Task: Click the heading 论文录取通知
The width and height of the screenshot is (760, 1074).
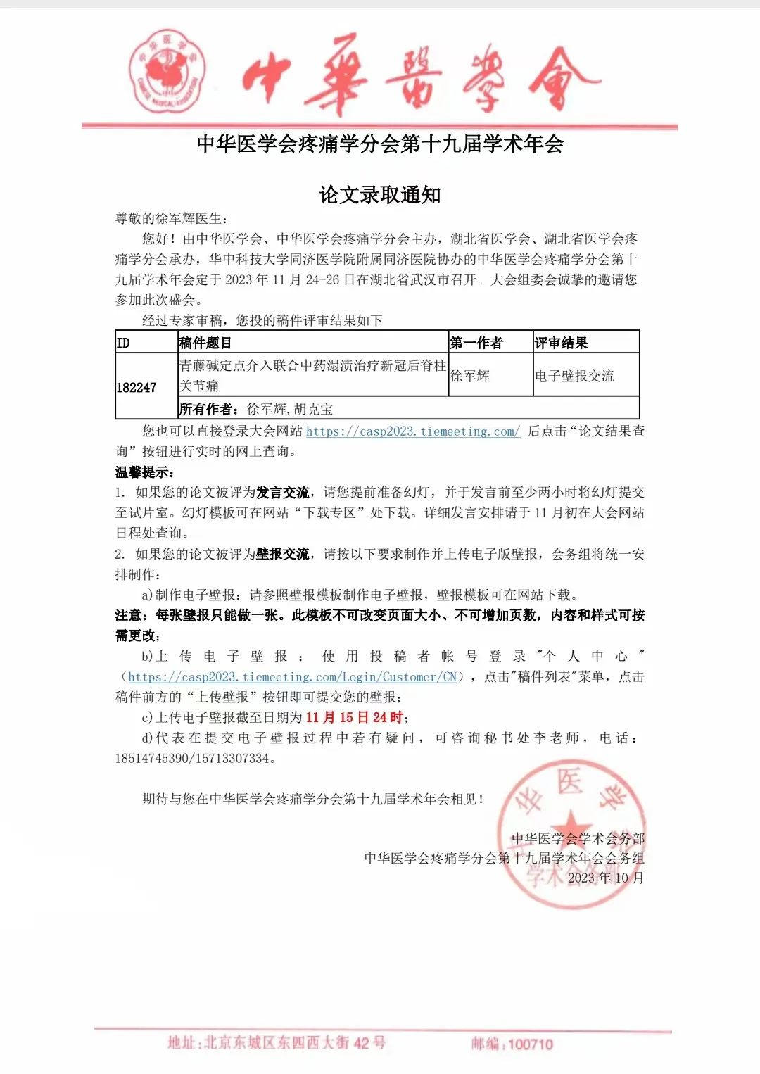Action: click(x=380, y=195)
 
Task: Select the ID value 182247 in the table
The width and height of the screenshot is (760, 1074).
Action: click(x=137, y=388)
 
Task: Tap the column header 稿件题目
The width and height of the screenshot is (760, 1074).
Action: click(x=205, y=343)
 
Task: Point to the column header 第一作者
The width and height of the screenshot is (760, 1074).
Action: click(x=476, y=343)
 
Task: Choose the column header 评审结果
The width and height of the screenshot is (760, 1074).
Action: click(x=561, y=343)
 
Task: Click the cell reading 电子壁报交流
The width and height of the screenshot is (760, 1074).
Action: click(x=574, y=377)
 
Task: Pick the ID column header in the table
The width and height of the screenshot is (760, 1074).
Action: click(x=123, y=343)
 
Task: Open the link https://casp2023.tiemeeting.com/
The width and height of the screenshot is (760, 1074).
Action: click(x=413, y=431)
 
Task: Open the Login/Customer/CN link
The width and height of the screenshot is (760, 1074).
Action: click(x=292, y=677)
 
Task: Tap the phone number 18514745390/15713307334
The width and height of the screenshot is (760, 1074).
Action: click(x=192, y=759)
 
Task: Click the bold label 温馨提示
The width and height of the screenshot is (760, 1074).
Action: click(x=144, y=472)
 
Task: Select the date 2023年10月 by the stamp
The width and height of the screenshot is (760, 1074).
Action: click(x=605, y=878)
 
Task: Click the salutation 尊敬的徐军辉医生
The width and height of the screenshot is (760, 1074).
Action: click(x=171, y=219)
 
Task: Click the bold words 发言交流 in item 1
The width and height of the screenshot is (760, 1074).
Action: click(x=282, y=493)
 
